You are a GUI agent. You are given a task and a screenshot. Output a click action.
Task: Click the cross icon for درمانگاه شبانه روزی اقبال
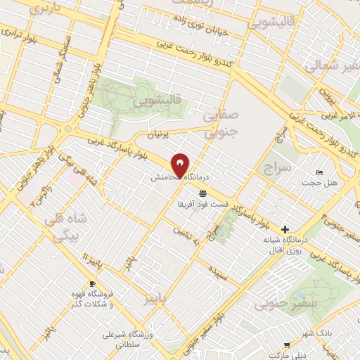[x=285, y=229]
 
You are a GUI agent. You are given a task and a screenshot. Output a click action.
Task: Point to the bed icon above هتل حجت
[x=321, y=173]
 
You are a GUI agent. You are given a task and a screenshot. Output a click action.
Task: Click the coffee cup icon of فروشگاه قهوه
[x=91, y=283]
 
